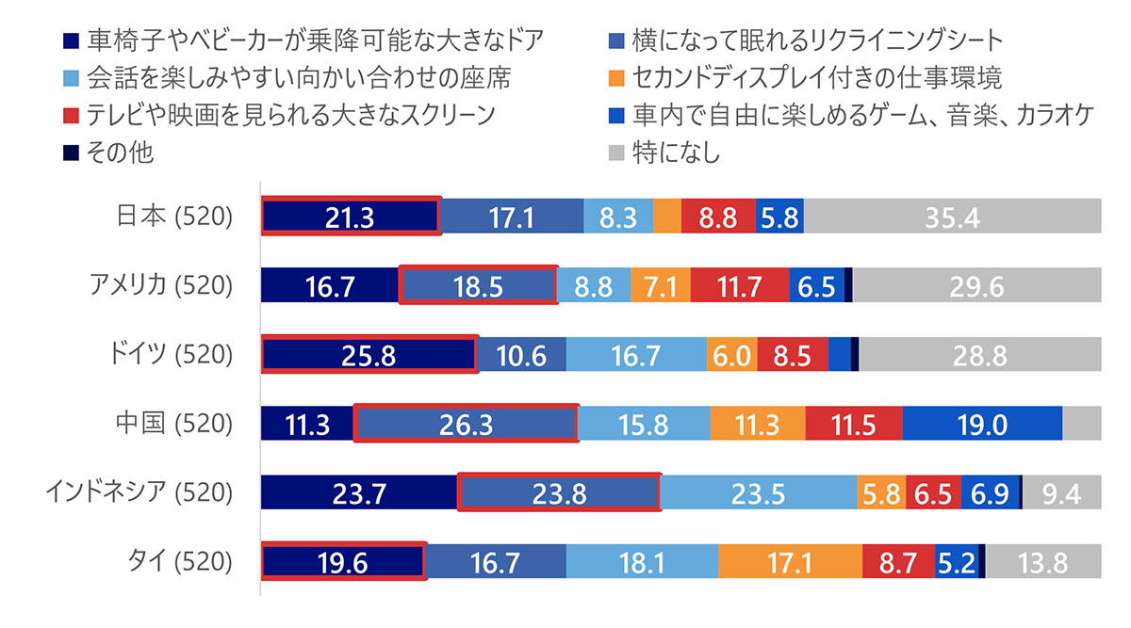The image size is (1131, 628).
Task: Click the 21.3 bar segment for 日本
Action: [350, 217]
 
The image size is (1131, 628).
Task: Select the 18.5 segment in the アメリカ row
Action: [478, 285]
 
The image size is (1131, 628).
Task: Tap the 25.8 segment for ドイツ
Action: [369, 355]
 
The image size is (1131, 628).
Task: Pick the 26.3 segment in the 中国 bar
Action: [466, 424]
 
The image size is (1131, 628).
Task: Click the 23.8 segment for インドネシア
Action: [558, 493]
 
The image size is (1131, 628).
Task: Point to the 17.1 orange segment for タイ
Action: [790, 563]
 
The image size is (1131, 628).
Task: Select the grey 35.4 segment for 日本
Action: [952, 217]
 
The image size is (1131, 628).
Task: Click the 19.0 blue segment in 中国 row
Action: [982, 424]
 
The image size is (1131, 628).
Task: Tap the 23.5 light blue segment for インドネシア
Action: [758, 493]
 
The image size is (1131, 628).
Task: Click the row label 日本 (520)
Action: [174, 217]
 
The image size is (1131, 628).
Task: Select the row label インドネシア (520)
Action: [139, 493]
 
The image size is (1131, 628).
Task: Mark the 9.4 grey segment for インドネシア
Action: [1061, 493]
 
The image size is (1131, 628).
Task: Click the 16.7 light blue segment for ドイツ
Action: [636, 355]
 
